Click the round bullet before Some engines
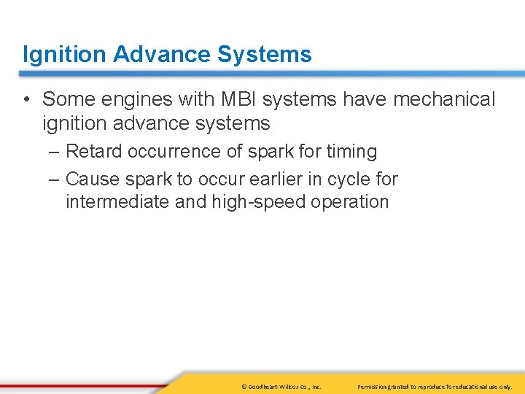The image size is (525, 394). point(27,99)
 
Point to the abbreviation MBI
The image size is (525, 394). point(233,99)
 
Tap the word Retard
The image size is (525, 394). point(95,152)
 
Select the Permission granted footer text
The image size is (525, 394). point(435,386)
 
